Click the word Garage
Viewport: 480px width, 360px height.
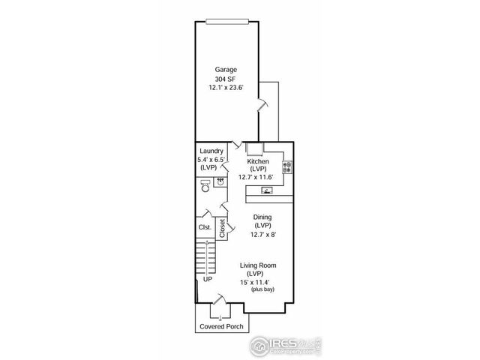pyautogui.click(x=226, y=70)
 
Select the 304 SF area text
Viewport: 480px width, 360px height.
pyautogui.click(x=226, y=79)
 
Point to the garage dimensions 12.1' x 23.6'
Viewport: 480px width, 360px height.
pyautogui.click(x=226, y=88)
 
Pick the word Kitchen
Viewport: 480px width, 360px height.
pyautogui.click(x=258, y=161)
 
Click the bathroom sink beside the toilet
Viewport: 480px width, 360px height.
pyautogui.click(x=221, y=181)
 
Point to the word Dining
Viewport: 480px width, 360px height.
pyautogui.click(x=262, y=217)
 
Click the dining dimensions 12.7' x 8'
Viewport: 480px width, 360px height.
pyautogui.click(x=262, y=234)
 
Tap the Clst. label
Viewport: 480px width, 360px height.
pyautogui.click(x=204, y=227)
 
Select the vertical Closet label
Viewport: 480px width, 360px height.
pyautogui.click(x=223, y=229)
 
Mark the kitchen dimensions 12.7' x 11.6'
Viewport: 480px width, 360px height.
pyautogui.click(x=256, y=178)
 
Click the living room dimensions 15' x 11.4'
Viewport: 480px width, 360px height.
pyautogui.click(x=256, y=282)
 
